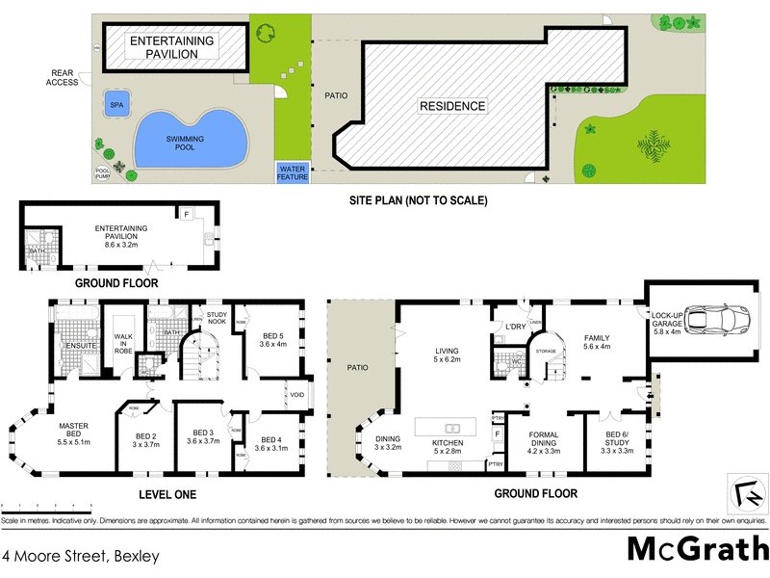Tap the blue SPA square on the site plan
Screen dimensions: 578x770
(x=117, y=104)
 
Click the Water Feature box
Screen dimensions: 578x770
(x=292, y=172)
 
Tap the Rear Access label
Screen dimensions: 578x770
(x=64, y=77)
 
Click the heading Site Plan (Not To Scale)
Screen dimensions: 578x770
(x=418, y=201)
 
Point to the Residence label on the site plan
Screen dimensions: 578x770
(x=451, y=106)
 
